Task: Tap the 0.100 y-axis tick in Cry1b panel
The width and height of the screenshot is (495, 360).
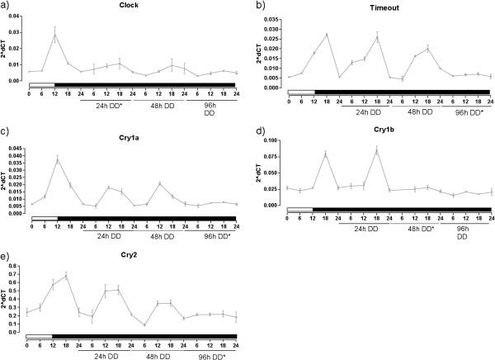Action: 271,140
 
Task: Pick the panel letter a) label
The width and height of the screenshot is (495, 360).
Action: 6,6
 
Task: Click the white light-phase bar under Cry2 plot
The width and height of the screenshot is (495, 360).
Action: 39,336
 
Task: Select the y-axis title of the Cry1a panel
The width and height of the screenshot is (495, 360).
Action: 6,180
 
